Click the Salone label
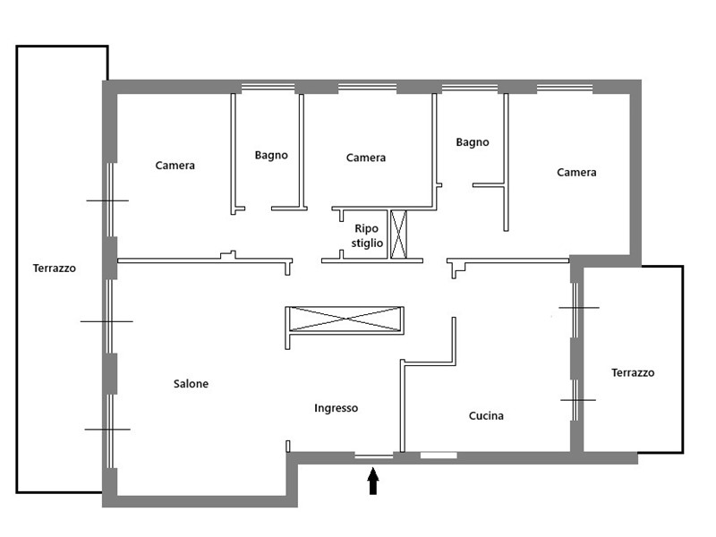[x=191, y=384]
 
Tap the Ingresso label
[x=336, y=408]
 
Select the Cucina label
[x=486, y=415]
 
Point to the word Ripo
[x=367, y=228]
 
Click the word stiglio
[x=367, y=243]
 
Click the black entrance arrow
[x=373, y=482]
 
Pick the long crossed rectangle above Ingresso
[x=345, y=320]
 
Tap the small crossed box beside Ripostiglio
[x=398, y=234]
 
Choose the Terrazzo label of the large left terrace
[x=55, y=268]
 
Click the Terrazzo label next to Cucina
[x=633, y=372]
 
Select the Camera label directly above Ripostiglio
[x=366, y=158]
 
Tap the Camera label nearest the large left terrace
[x=175, y=166]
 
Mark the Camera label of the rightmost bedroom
[x=576, y=172]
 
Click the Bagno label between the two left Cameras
[x=271, y=155]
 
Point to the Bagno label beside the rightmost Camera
[x=472, y=141]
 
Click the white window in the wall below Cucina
[x=439, y=456]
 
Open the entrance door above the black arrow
[x=373, y=456]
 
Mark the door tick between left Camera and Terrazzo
[x=107, y=200]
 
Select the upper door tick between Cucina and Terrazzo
[x=577, y=308]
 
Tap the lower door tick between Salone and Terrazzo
[x=108, y=430]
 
